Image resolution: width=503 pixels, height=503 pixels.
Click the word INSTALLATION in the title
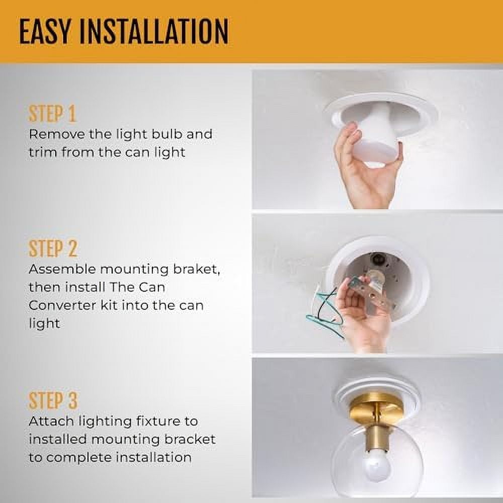(153, 32)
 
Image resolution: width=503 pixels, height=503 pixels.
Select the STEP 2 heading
(53, 248)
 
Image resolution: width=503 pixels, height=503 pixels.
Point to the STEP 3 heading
(53, 401)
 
